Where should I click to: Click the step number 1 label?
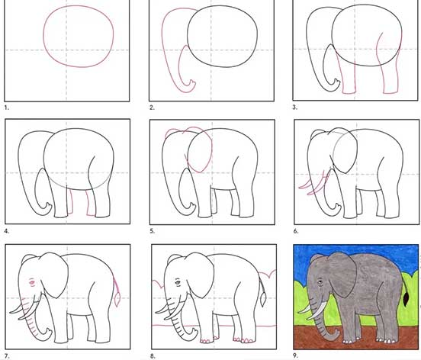coord(7,108)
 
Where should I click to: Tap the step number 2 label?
coord(152,108)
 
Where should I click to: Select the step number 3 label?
coord(295,107)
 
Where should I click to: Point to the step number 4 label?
coord(7,231)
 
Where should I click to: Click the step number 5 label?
coord(153,231)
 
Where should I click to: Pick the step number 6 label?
coord(296,231)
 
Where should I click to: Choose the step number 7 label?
coord(7,356)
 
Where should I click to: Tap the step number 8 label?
coord(153,356)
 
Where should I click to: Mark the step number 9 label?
coord(296,355)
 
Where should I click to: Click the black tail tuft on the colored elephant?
coord(407,301)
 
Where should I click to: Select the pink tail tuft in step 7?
coord(117,300)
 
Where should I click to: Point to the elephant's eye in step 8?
coord(178,282)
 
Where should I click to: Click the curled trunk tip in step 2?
coord(191,85)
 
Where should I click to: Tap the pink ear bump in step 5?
coord(173,132)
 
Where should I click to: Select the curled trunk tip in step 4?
coord(47,209)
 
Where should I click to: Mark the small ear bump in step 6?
coord(317,133)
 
